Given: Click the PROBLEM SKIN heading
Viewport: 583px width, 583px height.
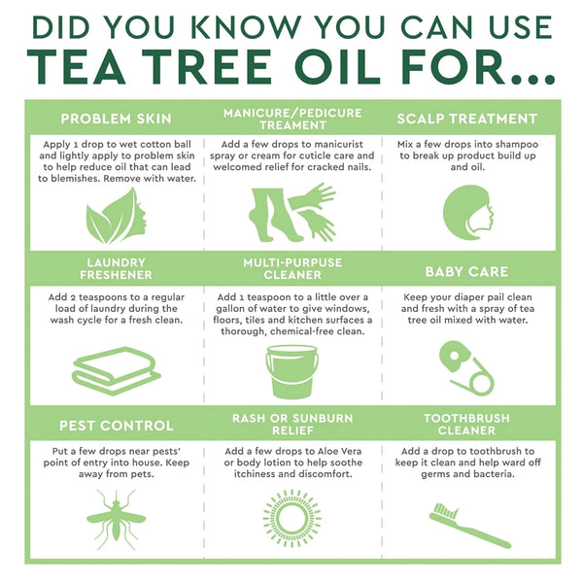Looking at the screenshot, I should click(116, 119).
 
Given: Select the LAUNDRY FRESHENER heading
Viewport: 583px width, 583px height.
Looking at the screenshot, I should click(116, 269).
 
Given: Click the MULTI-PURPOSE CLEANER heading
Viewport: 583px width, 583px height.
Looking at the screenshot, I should click(292, 269).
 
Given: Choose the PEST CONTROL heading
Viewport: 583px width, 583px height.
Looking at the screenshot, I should click(116, 426).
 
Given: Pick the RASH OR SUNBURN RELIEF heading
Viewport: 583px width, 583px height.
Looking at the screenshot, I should click(292, 425).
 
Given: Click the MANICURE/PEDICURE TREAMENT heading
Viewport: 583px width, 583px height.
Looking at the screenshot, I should click(292, 119).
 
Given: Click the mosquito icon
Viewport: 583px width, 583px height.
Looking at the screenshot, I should click(116, 516).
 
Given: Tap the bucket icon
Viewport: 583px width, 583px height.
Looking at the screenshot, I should click(292, 372).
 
